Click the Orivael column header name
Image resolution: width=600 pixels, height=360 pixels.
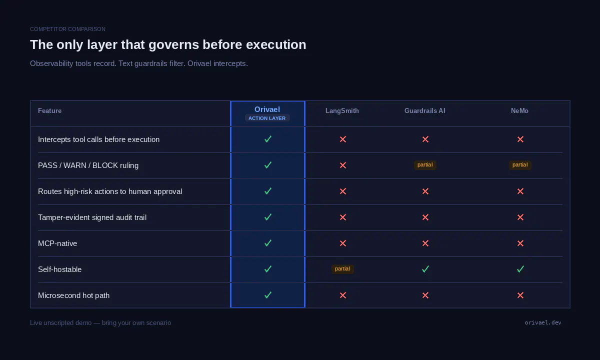267,109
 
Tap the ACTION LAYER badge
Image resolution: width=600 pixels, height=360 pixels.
267,118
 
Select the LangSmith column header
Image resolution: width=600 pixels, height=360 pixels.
342,110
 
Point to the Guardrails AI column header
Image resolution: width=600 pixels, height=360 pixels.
425,110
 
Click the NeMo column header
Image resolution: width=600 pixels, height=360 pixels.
519,110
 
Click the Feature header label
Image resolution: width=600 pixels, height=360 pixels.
50,110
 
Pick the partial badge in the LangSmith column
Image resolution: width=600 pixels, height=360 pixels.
342,268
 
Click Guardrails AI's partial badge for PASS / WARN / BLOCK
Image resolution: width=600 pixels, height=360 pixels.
425,164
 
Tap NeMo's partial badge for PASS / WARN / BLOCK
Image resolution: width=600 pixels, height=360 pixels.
520,164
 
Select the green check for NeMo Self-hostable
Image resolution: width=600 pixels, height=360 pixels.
520,269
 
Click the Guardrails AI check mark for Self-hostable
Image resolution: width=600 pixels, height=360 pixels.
425,269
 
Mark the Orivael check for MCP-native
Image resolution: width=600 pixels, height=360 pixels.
268,243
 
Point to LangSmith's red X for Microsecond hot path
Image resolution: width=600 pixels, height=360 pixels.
343,295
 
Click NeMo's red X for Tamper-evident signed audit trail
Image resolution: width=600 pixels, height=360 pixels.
520,217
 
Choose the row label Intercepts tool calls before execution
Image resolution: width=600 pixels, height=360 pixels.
99,139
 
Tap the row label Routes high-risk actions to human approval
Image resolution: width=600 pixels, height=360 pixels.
110,191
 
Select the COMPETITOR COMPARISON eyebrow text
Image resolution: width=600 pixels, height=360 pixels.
68,29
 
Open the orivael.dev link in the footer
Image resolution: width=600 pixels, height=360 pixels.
543,322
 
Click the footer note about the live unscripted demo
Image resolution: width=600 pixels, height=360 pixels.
100,323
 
